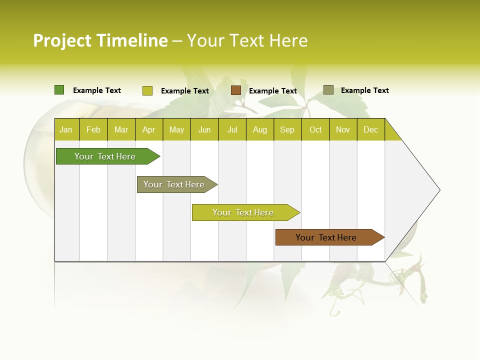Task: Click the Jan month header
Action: pyautogui.click(x=66, y=129)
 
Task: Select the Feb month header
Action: pyautogui.click(x=93, y=129)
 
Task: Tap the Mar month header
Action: pyautogui.click(x=121, y=129)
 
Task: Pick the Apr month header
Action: pyautogui.click(x=148, y=129)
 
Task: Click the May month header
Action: pyautogui.click(x=176, y=129)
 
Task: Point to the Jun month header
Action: pyautogui.click(x=204, y=129)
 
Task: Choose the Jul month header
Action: pyautogui.click(x=232, y=129)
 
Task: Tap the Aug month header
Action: pyautogui.click(x=259, y=129)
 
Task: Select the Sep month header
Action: pyautogui.click(x=287, y=129)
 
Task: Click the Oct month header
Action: pyautogui.click(x=315, y=129)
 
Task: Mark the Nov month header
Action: pyautogui.click(x=343, y=129)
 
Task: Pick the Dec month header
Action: pyautogui.click(x=370, y=129)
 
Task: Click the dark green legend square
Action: pyautogui.click(x=59, y=90)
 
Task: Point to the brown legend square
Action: pyautogui.click(x=236, y=90)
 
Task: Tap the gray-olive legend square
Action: pyautogui.click(x=328, y=90)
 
